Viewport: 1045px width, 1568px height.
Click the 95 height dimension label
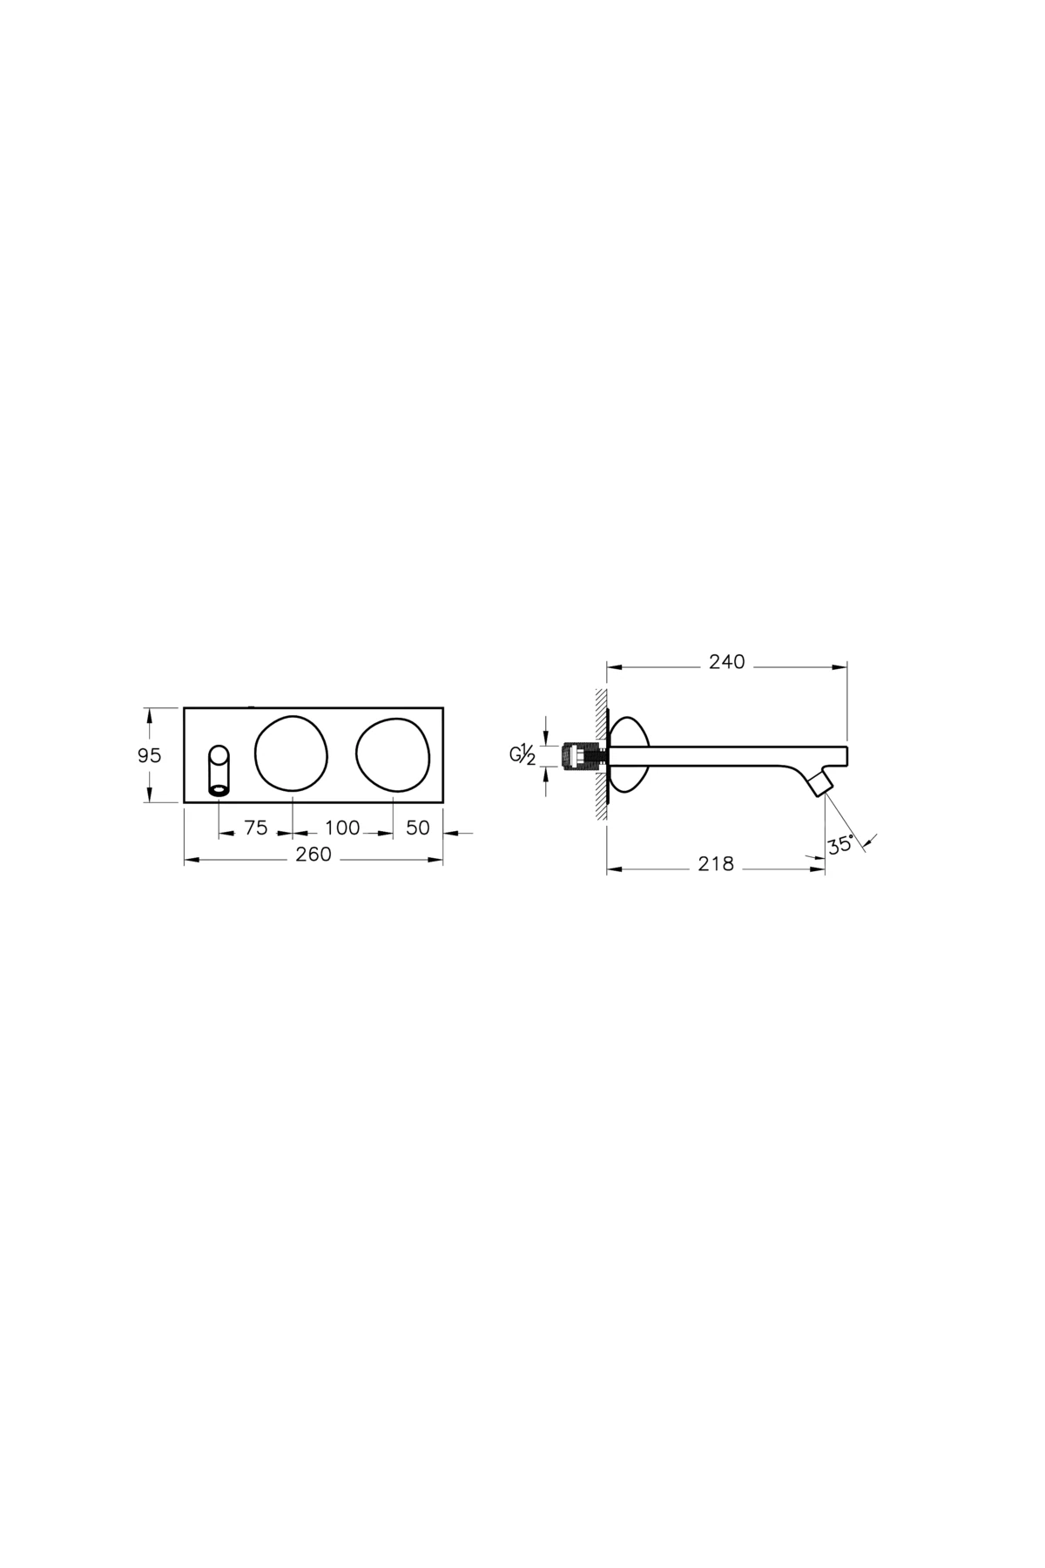150,755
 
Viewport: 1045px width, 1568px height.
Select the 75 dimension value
255,828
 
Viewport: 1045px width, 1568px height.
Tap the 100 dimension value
342,828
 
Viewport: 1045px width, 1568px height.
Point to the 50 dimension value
418,828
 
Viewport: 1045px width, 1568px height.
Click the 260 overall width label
313,855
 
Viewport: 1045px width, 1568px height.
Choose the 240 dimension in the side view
727,662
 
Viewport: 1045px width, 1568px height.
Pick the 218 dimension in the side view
716,864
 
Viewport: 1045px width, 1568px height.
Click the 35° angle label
841,845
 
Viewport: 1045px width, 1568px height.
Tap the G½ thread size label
522,754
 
